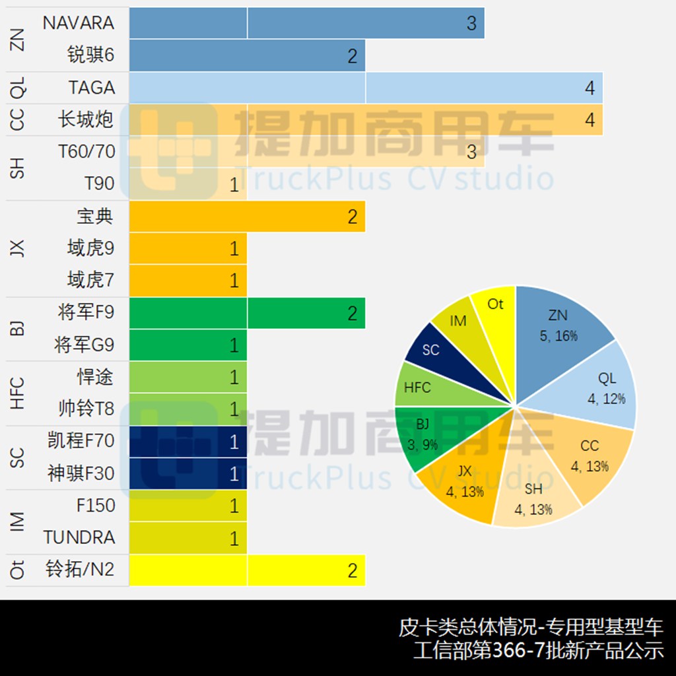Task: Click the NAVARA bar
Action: click(x=306, y=23)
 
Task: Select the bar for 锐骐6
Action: click(x=247, y=55)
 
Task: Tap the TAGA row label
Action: click(x=91, y=88)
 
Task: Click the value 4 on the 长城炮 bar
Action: click(x=590, y=120)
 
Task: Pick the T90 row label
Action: click(x=99, y=184)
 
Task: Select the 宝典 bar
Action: click(x=247, y=217)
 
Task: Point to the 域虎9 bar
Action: click(x=188, y=248)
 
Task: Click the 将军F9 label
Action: click(x=86, y=312)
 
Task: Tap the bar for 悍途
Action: click(x=188, y=377)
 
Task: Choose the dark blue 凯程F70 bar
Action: click(x=188, y=441)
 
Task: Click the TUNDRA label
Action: click(x=79, y=537)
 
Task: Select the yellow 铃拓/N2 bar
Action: click(x=247, y=570)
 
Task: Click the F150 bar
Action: click(x=188, y=506)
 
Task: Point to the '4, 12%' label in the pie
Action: click(x=607, y=399)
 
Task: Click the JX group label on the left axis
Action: click(x=18, y=248)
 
